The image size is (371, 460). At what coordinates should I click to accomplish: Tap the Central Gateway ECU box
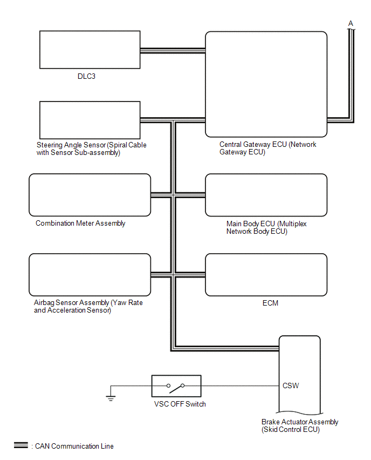pyautogui.click(x=266, y=84)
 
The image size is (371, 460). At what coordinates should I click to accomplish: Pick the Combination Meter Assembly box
pyautogui.click(x=90, y=195)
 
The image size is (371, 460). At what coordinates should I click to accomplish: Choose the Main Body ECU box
pyautogui.click(x=266, y=195)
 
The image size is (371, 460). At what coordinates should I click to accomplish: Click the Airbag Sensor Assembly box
pyautogui.click(x=90, y=274)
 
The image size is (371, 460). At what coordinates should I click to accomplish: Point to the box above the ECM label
pyautogui.click(x=266, y=274)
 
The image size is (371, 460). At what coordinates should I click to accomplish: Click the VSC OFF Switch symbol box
pyautogui.click(x=176, y=386)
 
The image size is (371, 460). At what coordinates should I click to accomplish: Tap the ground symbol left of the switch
pyautogui.click(x=110, y=397)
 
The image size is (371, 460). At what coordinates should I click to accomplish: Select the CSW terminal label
pyautogui.click(x=290, y=386)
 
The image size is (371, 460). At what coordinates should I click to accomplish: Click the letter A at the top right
pyautogui.click(x=351, y=23)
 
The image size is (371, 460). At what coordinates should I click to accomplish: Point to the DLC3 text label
pyautogui.click(x=87, y=77)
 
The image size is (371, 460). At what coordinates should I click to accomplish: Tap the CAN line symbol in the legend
pyautogui.click(x=21, y=446)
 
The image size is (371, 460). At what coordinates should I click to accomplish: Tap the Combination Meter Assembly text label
pyautogui.click(x=80, y=223)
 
